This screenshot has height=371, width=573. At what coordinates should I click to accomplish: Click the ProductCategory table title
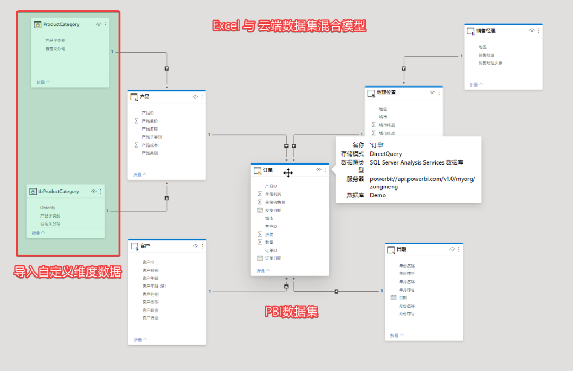click(61, 25)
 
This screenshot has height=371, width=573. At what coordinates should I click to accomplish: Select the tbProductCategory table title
click(58, 192)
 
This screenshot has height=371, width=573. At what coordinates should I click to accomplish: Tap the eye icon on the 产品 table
click(195, 97)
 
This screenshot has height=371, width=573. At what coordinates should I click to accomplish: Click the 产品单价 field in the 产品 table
click(150, 121)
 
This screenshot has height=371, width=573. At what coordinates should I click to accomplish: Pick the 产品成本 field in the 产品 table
click(150, 145)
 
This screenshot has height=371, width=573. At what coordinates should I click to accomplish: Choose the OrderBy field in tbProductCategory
click(48, 208)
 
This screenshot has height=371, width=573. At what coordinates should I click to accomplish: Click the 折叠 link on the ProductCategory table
click(44, 82)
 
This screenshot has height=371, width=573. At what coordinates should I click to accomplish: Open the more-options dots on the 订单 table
click(325, 170)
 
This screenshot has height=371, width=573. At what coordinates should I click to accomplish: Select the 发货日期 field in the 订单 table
click(273, 210)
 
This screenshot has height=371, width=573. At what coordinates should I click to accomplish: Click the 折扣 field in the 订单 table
click(270, 234)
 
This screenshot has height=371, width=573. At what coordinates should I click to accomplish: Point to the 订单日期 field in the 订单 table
click(273, 258)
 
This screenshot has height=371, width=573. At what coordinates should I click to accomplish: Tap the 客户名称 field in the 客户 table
click(150, 270)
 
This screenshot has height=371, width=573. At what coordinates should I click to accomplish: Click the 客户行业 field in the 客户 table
click(150, 318)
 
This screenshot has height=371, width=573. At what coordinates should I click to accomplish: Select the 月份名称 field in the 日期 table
click(407, 306)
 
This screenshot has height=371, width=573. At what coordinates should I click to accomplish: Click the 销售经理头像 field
click(490, 63)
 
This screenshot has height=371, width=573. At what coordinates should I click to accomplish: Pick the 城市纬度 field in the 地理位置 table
click(387, 125)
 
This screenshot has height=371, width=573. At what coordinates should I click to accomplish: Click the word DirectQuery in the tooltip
click(386, 154)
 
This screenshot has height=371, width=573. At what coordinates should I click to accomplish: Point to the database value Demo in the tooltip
click(378, 195)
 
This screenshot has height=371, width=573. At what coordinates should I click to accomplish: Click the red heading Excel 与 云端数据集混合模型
click(289, 25)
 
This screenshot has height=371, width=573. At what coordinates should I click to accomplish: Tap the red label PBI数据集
click(292, 312)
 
